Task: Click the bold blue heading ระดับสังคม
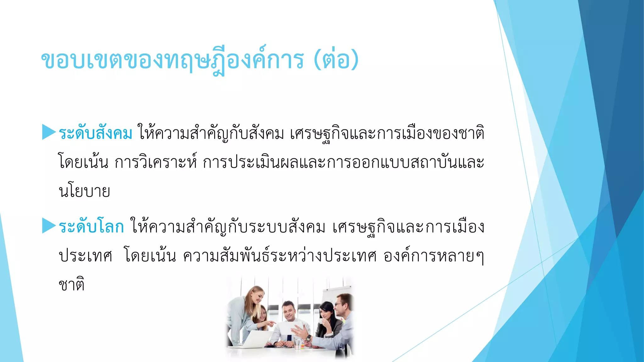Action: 95,133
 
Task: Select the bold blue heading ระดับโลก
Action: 91,227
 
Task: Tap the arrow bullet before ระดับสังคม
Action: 49,132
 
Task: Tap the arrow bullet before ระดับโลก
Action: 49,226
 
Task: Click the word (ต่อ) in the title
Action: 336,60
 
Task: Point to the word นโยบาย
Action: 84,191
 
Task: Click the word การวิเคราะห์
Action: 156,162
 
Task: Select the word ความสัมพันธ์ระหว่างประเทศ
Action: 280,256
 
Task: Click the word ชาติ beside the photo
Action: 72,284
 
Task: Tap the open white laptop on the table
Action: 252,339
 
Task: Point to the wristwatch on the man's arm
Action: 309,338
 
